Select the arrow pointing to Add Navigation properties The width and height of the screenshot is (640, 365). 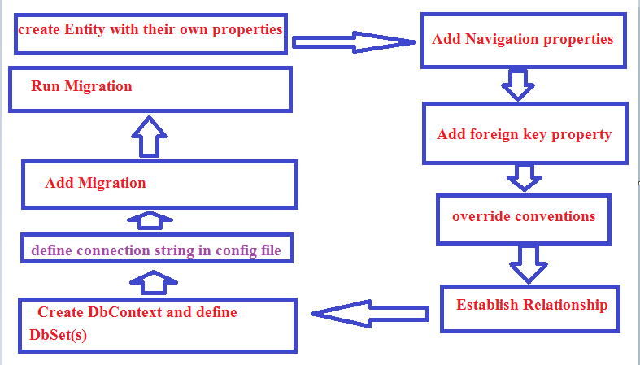(354, 42)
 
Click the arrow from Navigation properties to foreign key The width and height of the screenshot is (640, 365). (517, 85)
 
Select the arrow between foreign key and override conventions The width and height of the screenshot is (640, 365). (524, 177)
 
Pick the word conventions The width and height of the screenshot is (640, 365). (555, 216)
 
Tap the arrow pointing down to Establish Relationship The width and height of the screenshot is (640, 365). (528, 264)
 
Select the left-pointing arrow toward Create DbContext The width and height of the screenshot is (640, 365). (370, 314)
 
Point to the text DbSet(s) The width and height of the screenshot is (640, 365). (58, 335)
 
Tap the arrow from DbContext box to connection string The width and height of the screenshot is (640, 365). (154, 282)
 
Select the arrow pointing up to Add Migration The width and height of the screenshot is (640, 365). (150, 220)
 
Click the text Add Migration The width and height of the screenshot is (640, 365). (95, 183)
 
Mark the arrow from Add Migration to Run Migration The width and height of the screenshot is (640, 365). (149, 137)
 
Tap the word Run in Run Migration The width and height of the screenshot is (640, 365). (46, 86)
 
